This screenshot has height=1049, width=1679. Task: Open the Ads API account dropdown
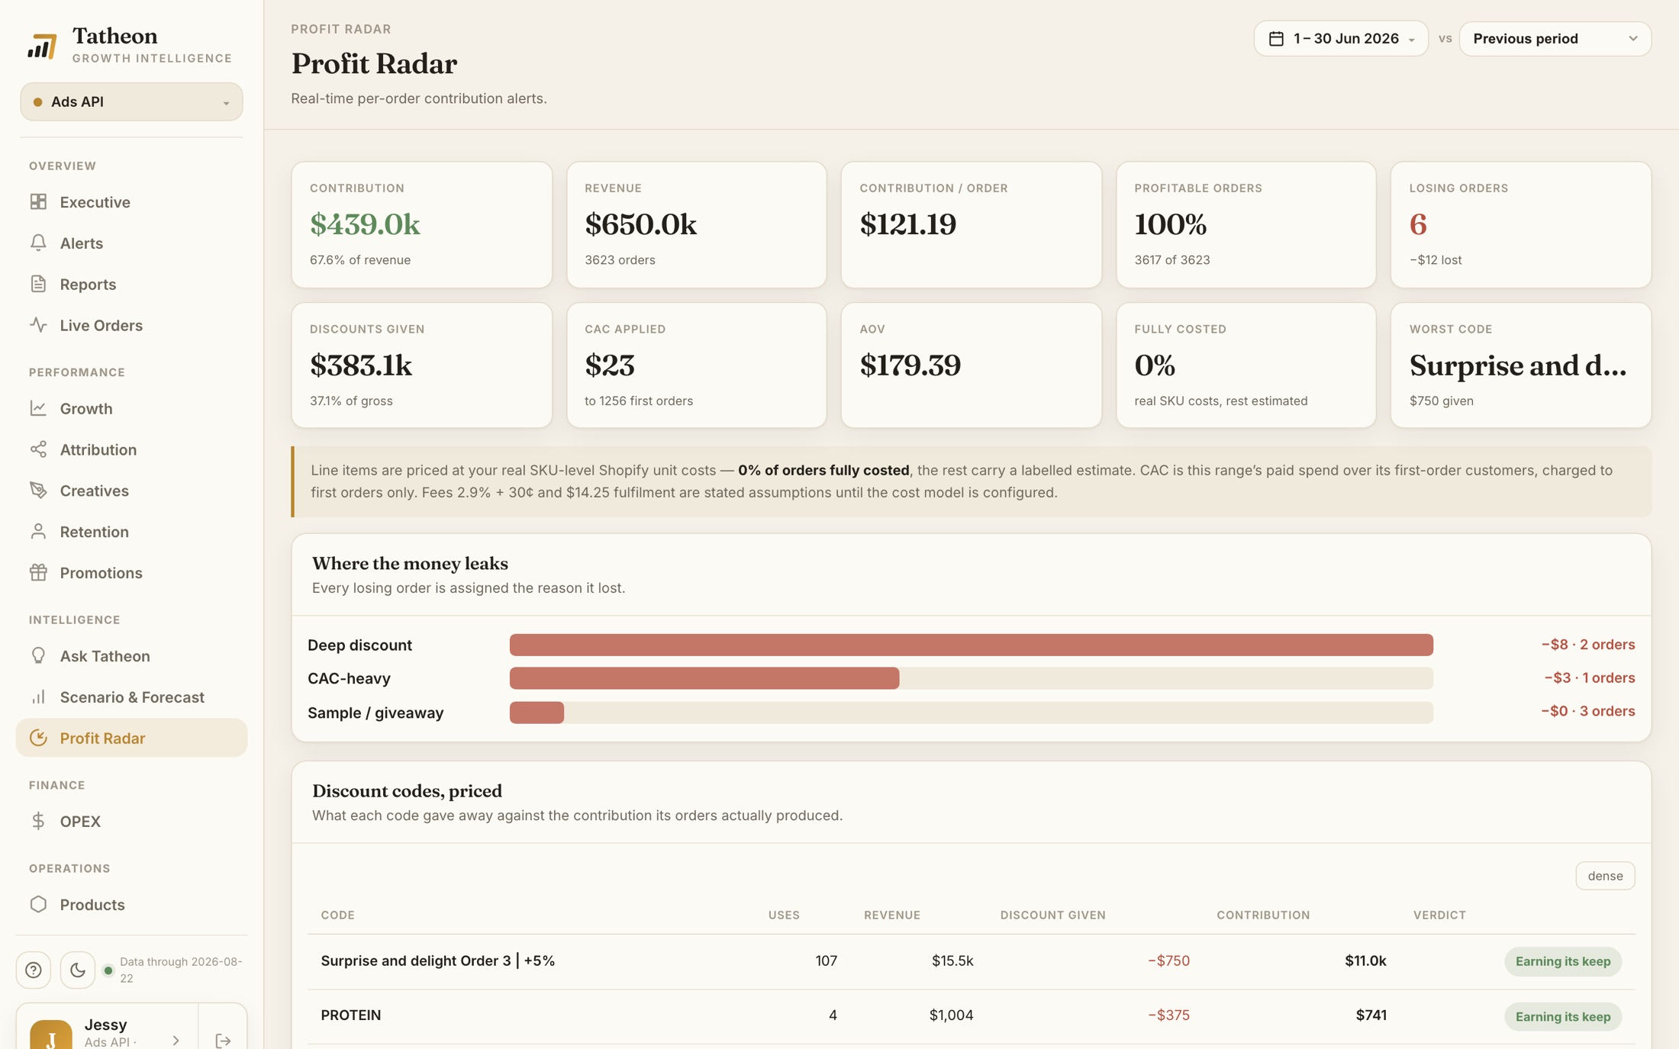131,101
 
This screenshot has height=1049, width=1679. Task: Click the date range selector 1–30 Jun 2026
1341,38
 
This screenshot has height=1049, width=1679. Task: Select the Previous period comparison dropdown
1555,38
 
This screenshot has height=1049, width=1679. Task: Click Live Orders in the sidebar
101,325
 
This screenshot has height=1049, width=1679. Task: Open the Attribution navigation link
98,449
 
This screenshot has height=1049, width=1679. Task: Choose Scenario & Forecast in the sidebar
132,697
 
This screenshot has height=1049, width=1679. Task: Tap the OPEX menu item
80,821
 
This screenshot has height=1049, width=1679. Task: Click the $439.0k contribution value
365,224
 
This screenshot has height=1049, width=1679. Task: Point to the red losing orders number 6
1418,224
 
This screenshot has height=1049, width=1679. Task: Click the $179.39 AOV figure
910,365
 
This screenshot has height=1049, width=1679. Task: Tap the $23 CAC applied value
610,365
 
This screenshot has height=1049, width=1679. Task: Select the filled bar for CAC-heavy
704,678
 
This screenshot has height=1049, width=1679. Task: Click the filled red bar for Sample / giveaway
537,713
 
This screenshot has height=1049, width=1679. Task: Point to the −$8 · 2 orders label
1587,645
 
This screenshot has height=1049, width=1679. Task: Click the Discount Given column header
1052,915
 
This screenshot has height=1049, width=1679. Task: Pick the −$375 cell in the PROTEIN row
1168,1015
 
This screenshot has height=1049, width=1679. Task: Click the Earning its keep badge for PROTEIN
1562,1016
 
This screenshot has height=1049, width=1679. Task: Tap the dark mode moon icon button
78,970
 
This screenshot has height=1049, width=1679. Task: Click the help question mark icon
34,970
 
